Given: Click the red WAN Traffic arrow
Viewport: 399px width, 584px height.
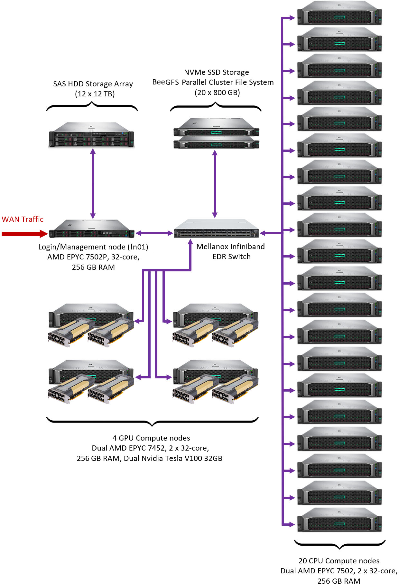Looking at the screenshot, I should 24,234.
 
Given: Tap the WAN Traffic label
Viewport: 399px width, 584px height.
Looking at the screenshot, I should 23,219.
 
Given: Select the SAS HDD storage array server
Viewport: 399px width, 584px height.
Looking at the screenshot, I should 91,135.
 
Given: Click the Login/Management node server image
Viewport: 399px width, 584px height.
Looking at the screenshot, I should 92,229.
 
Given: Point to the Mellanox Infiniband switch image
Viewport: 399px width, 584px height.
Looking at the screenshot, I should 216,229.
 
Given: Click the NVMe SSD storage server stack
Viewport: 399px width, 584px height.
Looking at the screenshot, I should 216,133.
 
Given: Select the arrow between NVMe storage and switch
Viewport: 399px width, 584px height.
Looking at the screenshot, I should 215,184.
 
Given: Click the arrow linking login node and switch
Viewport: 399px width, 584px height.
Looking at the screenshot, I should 154,233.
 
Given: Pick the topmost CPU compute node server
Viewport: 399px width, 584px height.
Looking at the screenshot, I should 339,14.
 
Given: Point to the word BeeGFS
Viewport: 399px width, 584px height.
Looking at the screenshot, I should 165,82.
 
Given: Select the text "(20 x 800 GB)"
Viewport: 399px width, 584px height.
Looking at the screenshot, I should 217,92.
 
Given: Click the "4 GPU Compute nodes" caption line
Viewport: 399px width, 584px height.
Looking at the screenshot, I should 151,438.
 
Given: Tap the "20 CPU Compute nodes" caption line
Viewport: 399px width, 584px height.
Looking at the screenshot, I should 339,561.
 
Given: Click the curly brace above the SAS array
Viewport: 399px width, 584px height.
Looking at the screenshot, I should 92,106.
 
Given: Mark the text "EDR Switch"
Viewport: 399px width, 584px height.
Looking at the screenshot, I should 231,257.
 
